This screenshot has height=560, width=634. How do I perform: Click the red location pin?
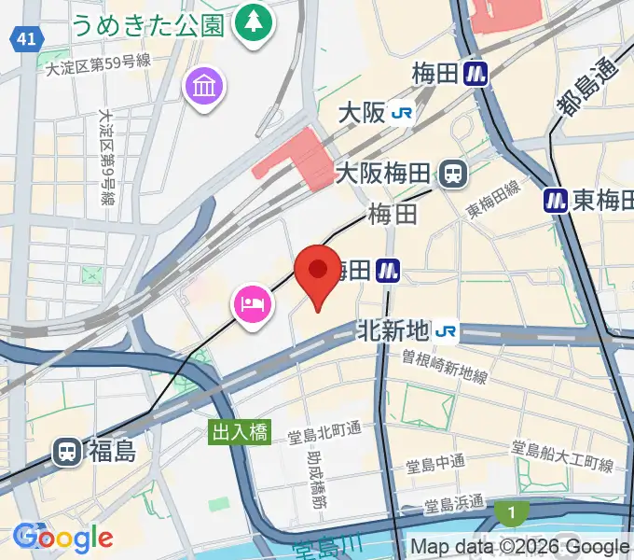[317, 273]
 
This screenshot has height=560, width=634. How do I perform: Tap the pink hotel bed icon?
[253, 304]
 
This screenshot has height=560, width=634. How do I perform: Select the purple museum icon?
[203, 88]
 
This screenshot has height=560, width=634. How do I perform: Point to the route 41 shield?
[27, 38]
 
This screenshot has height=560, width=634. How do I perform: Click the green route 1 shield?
[509, 511]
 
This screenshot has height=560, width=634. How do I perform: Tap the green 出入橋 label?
[238, 431]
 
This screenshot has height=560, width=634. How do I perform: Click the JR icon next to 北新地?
[447, 330]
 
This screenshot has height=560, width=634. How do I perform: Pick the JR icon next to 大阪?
[403, 113]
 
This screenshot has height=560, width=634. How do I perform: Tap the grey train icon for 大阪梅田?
[455, 173]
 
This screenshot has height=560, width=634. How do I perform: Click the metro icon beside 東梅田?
[557, 199]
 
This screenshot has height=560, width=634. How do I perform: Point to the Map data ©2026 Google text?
[519, 547]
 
